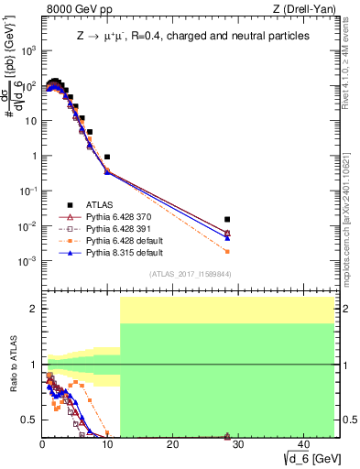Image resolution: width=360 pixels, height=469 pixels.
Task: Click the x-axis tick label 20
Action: click(x=172, y=444)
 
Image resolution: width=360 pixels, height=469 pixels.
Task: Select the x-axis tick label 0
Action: click(x=42, y=444)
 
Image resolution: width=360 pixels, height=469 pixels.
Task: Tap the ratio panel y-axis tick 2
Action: click(x=32, y=309)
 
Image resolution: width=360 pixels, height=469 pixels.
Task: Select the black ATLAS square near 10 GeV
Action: click(x=107, y=158)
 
